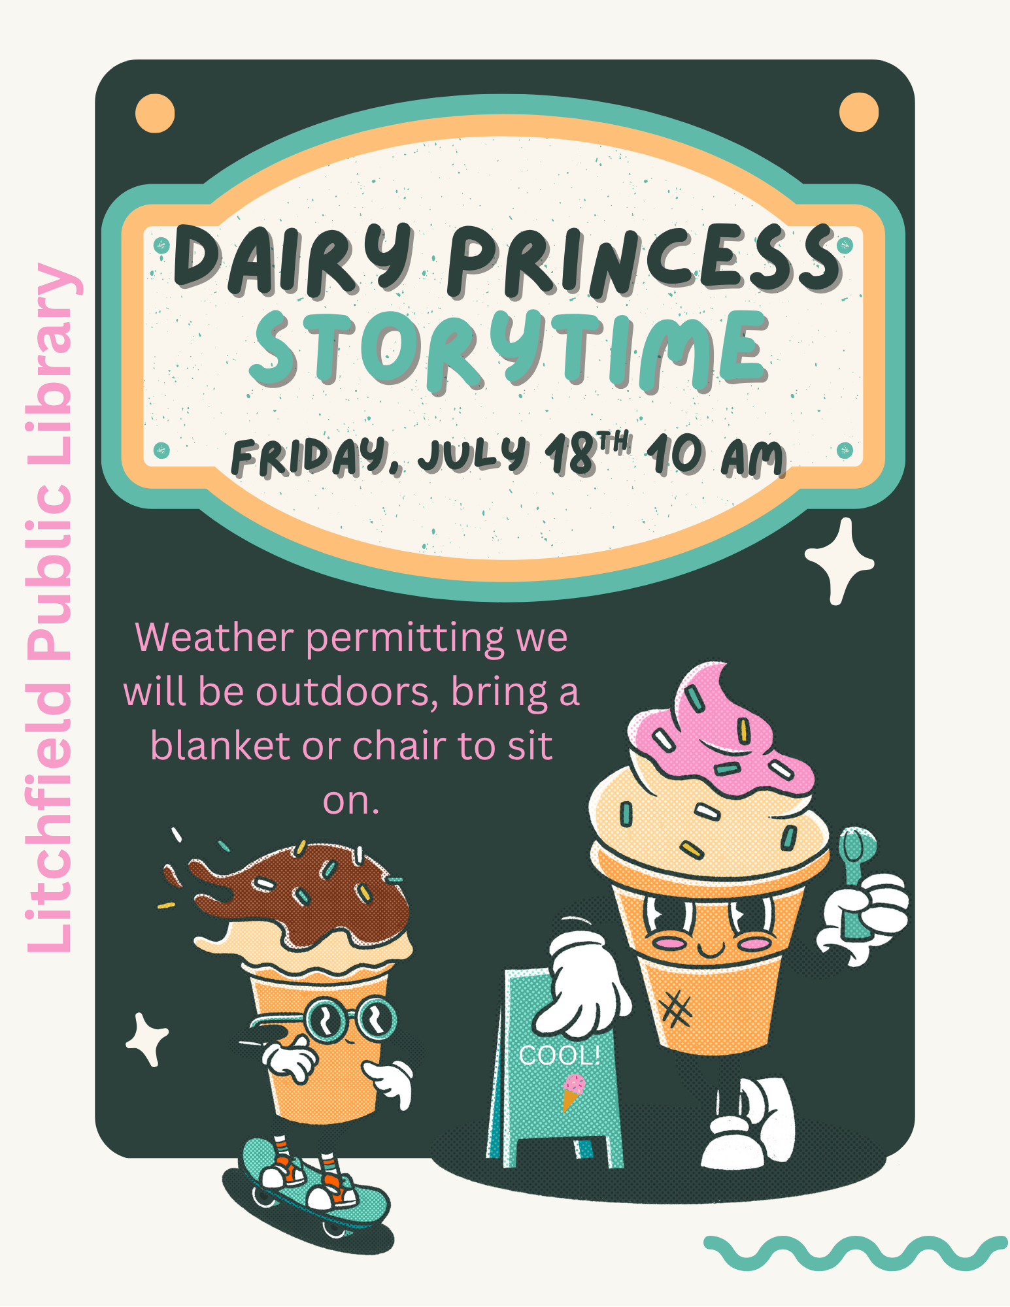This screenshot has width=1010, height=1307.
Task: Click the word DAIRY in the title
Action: [x=293, y=258]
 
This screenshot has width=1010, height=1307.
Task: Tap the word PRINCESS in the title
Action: [x=644, y=258]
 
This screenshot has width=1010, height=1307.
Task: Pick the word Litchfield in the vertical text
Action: [x=50, y=817]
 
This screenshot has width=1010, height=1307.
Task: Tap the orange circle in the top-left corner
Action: [x=155, y=113]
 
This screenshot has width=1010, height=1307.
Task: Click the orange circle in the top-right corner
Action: [x=858, y=112]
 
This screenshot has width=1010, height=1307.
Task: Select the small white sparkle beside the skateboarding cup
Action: [x=146, y=1039]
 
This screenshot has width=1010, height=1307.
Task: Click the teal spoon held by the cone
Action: [x=855, y=876]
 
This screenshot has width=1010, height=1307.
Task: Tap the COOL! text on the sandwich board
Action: [x=559, y=1055]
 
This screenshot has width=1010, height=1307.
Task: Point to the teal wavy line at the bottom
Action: [x=855, y=1252]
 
